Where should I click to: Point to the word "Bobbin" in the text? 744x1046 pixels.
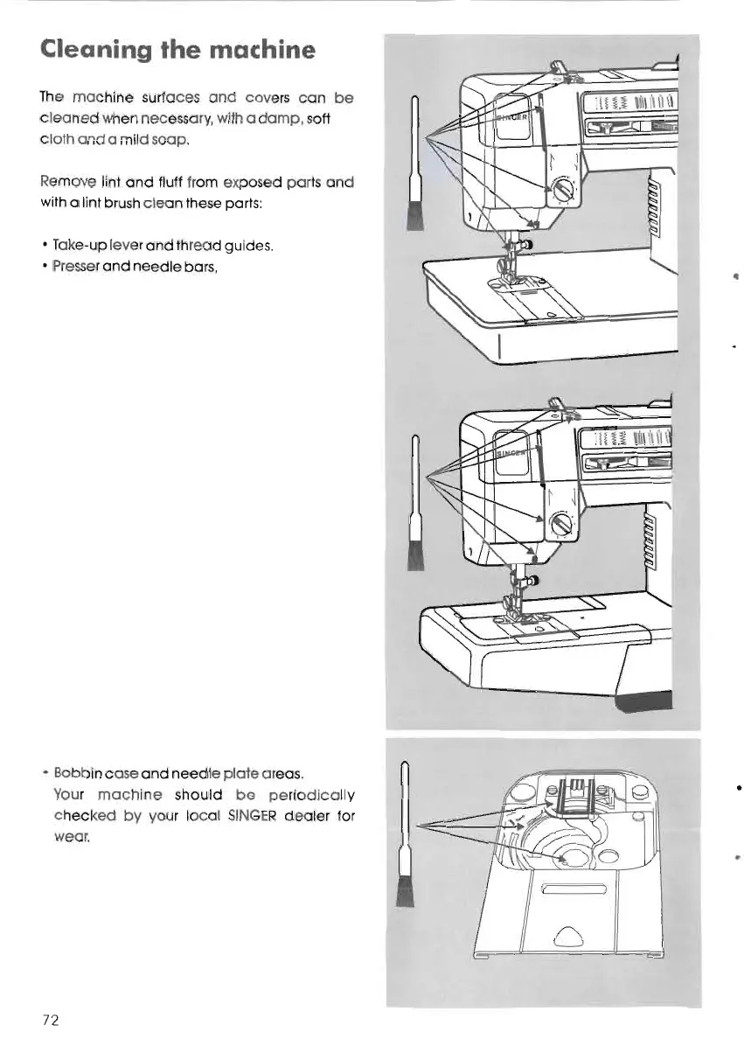[x=77, y=773]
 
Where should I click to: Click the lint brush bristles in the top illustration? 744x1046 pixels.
[x=414, y=213]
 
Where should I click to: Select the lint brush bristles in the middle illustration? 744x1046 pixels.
[x=416, y=554]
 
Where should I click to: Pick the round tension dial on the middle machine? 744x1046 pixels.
[x=560, y=525]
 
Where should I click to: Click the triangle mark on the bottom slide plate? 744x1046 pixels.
[x=563, y=936]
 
